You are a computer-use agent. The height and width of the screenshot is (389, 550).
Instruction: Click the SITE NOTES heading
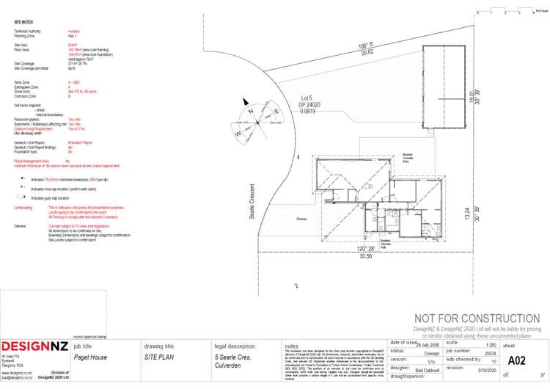pyautogui.click(x=23, y=21)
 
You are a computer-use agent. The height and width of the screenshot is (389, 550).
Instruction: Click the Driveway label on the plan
pyautogui.click(x=301, y=218)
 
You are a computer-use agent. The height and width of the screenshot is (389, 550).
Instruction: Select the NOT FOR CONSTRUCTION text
pyautogui.click(x=477, y=318)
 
